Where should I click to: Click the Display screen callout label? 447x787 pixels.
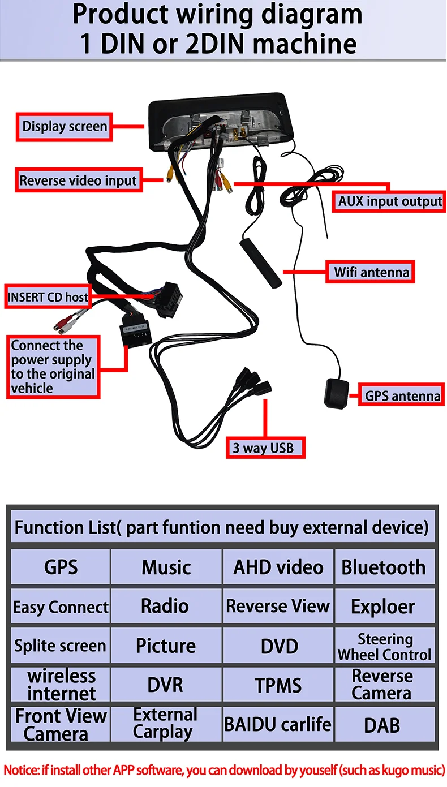[65, 127]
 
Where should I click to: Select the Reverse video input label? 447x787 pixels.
[79, 180]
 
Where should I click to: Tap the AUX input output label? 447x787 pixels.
[389, 201]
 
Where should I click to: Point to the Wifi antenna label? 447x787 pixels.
[371, 272]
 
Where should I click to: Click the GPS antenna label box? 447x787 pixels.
[402, 395]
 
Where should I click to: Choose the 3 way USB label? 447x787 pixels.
[266, 448]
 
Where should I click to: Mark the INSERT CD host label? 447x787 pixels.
[48, 297]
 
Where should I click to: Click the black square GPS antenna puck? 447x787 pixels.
[336, 394]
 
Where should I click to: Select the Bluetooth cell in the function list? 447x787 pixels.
[384, 567]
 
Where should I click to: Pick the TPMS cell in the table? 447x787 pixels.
[278, 685]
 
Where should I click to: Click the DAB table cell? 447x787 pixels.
[384, 725]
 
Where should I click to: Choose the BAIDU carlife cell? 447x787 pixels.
[278, 725]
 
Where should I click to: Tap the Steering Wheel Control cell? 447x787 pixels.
[384, 646]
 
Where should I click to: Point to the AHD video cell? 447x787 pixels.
[278, 567]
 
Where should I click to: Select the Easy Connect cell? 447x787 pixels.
[61, 607]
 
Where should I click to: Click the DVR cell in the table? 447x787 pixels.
[166, 685]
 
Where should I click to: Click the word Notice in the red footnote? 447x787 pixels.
[21, 770]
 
